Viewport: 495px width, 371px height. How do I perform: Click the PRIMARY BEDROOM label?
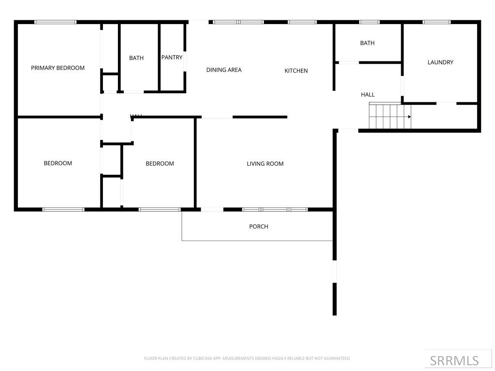tap(58, 68)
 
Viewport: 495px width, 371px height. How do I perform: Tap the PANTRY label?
tap(172, 57)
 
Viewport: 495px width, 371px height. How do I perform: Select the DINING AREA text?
tap(224, 70)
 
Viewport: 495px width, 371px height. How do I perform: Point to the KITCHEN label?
tap(296, 71)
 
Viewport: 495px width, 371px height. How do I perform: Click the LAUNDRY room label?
tap(440, 62)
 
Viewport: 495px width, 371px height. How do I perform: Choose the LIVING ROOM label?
tap(265, 164)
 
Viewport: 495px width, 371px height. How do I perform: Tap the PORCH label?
tap(259, 227)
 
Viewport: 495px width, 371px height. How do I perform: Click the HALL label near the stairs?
tap(367, 95)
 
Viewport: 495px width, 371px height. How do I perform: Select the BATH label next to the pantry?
tap(136, 58)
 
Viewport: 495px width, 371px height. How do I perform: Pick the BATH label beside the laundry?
tap(367, 43)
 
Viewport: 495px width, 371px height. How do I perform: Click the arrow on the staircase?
tap(408, 116)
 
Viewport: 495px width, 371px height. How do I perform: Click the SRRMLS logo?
tap(454, 360)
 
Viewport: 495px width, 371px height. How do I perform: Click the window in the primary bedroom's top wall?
tap(56, 22)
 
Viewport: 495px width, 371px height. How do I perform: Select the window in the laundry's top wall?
tap(437, 22)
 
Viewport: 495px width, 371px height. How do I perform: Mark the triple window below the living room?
tap(275, 210)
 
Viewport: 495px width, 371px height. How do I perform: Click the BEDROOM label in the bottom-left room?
tap(58, 163)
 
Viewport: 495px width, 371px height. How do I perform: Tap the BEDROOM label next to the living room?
tap(160, 164)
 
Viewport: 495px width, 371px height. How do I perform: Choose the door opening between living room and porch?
tap(212, 210)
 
